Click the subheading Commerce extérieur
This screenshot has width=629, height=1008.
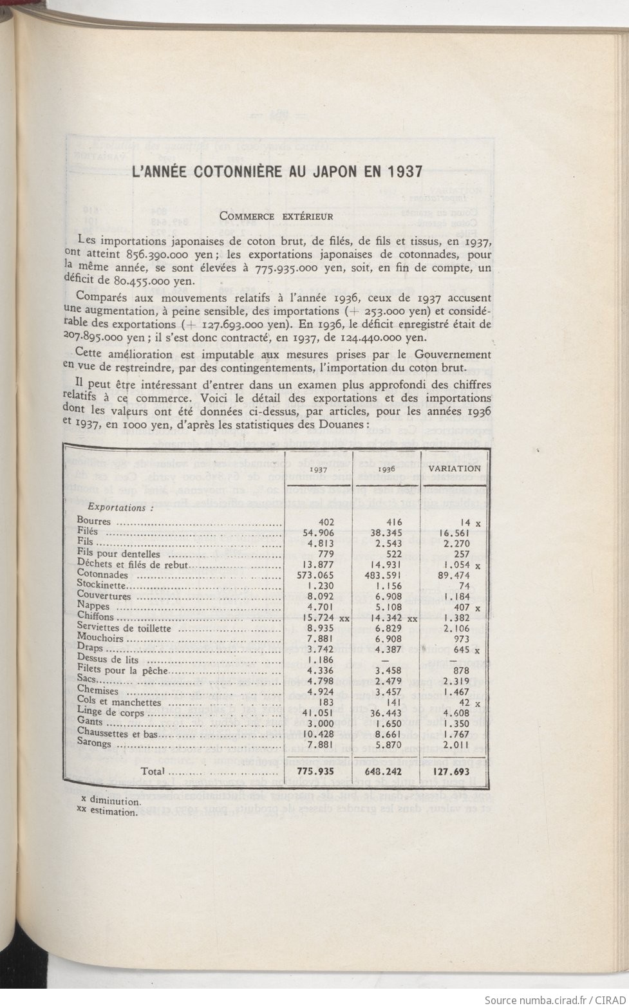[x=276, y=216]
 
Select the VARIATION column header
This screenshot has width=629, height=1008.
[x=455, y=468]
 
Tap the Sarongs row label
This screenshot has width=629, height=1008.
[x=94, y=744]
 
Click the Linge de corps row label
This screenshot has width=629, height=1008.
[x=110, y=713]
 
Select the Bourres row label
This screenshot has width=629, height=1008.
[x=94, y=521]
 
